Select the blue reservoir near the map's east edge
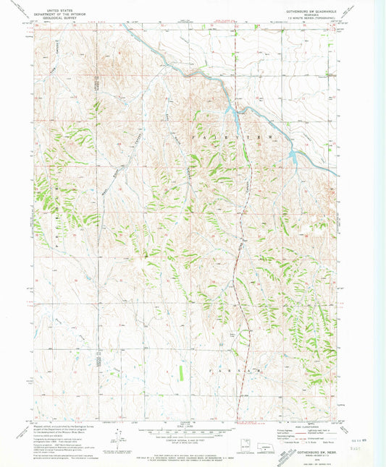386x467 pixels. (x=293, y=155)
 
